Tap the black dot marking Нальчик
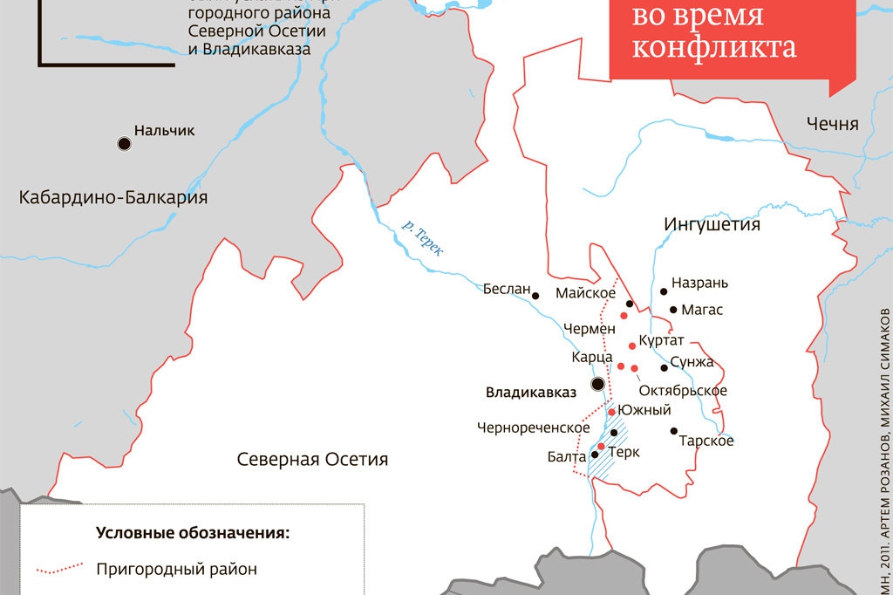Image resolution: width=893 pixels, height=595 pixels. point(124,143)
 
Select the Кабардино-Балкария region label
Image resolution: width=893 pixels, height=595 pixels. point(113,198)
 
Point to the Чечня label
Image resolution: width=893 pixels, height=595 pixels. point(832,124)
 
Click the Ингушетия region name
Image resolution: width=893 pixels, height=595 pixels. point(712,224)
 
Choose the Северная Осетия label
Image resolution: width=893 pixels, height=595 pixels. point(312,459)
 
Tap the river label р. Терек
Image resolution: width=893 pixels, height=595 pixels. point(422,236)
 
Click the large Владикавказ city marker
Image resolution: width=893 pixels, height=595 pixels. point(597,384)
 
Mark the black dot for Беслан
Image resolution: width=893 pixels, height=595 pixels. point(536,295)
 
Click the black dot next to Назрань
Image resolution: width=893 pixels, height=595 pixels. point(664,291)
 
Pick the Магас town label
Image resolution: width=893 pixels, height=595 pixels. point(702,310)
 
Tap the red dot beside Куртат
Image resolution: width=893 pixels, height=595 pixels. point(631,346)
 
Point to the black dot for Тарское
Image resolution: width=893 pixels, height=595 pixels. point(673,430)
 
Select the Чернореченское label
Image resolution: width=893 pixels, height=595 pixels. point(533,427)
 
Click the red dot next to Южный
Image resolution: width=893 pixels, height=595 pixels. point(612,412)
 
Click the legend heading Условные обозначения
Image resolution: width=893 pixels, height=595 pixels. point(192,532)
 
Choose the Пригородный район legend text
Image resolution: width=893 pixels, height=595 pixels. point(177,570)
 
